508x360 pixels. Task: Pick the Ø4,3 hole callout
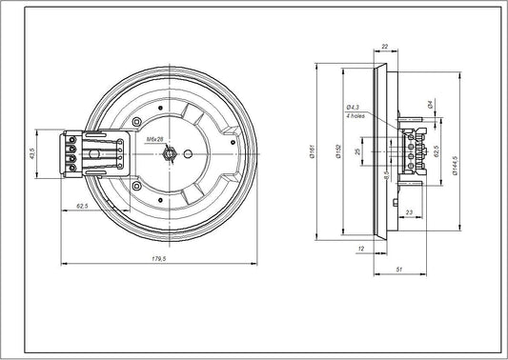pyautogui.click(x=353, y=107)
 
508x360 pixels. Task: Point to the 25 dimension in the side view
pyautogui.click(x=356, y=151)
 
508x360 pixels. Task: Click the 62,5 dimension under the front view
pyautogui.click(x=83, y=206)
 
